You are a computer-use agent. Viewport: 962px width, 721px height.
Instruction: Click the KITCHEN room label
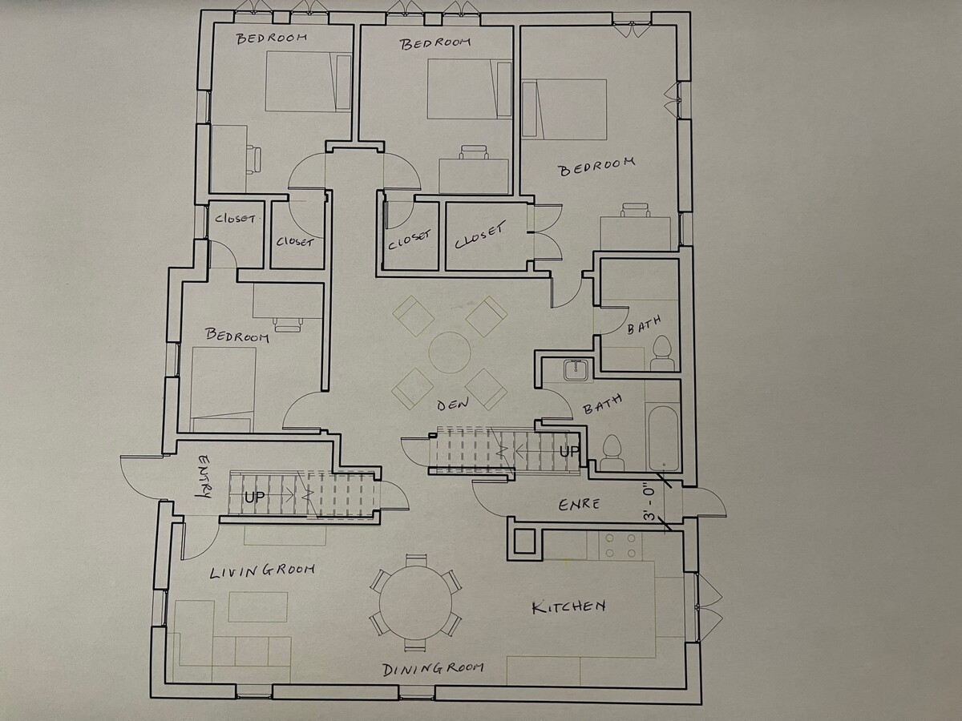(569, 606)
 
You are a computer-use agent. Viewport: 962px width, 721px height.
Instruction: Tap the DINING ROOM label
(433, 670)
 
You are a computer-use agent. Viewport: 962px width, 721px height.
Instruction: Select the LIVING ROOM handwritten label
(262, 571)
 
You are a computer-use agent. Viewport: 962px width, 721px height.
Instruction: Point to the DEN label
(453, 404)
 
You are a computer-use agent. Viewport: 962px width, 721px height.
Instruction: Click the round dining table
(415, 602)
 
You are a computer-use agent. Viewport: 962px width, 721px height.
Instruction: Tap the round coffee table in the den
(450, 352)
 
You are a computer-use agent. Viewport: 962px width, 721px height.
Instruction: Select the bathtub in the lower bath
(663, 437)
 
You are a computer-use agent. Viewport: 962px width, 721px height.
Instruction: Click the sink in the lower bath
(575, 370)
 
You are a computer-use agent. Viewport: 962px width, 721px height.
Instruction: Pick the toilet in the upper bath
(662, 354)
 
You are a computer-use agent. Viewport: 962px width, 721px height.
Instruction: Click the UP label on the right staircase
(570, 451)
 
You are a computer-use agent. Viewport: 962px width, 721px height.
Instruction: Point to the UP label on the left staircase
(255, 497)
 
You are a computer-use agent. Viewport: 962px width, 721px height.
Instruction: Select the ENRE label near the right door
(579, 505)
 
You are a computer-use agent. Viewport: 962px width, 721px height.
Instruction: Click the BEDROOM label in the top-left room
(271, 38)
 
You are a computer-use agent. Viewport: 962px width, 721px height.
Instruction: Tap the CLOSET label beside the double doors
(480, 235)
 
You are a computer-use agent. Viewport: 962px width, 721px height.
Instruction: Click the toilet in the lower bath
(612, 453)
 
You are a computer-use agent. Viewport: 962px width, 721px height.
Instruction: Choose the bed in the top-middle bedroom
(470, 89)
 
